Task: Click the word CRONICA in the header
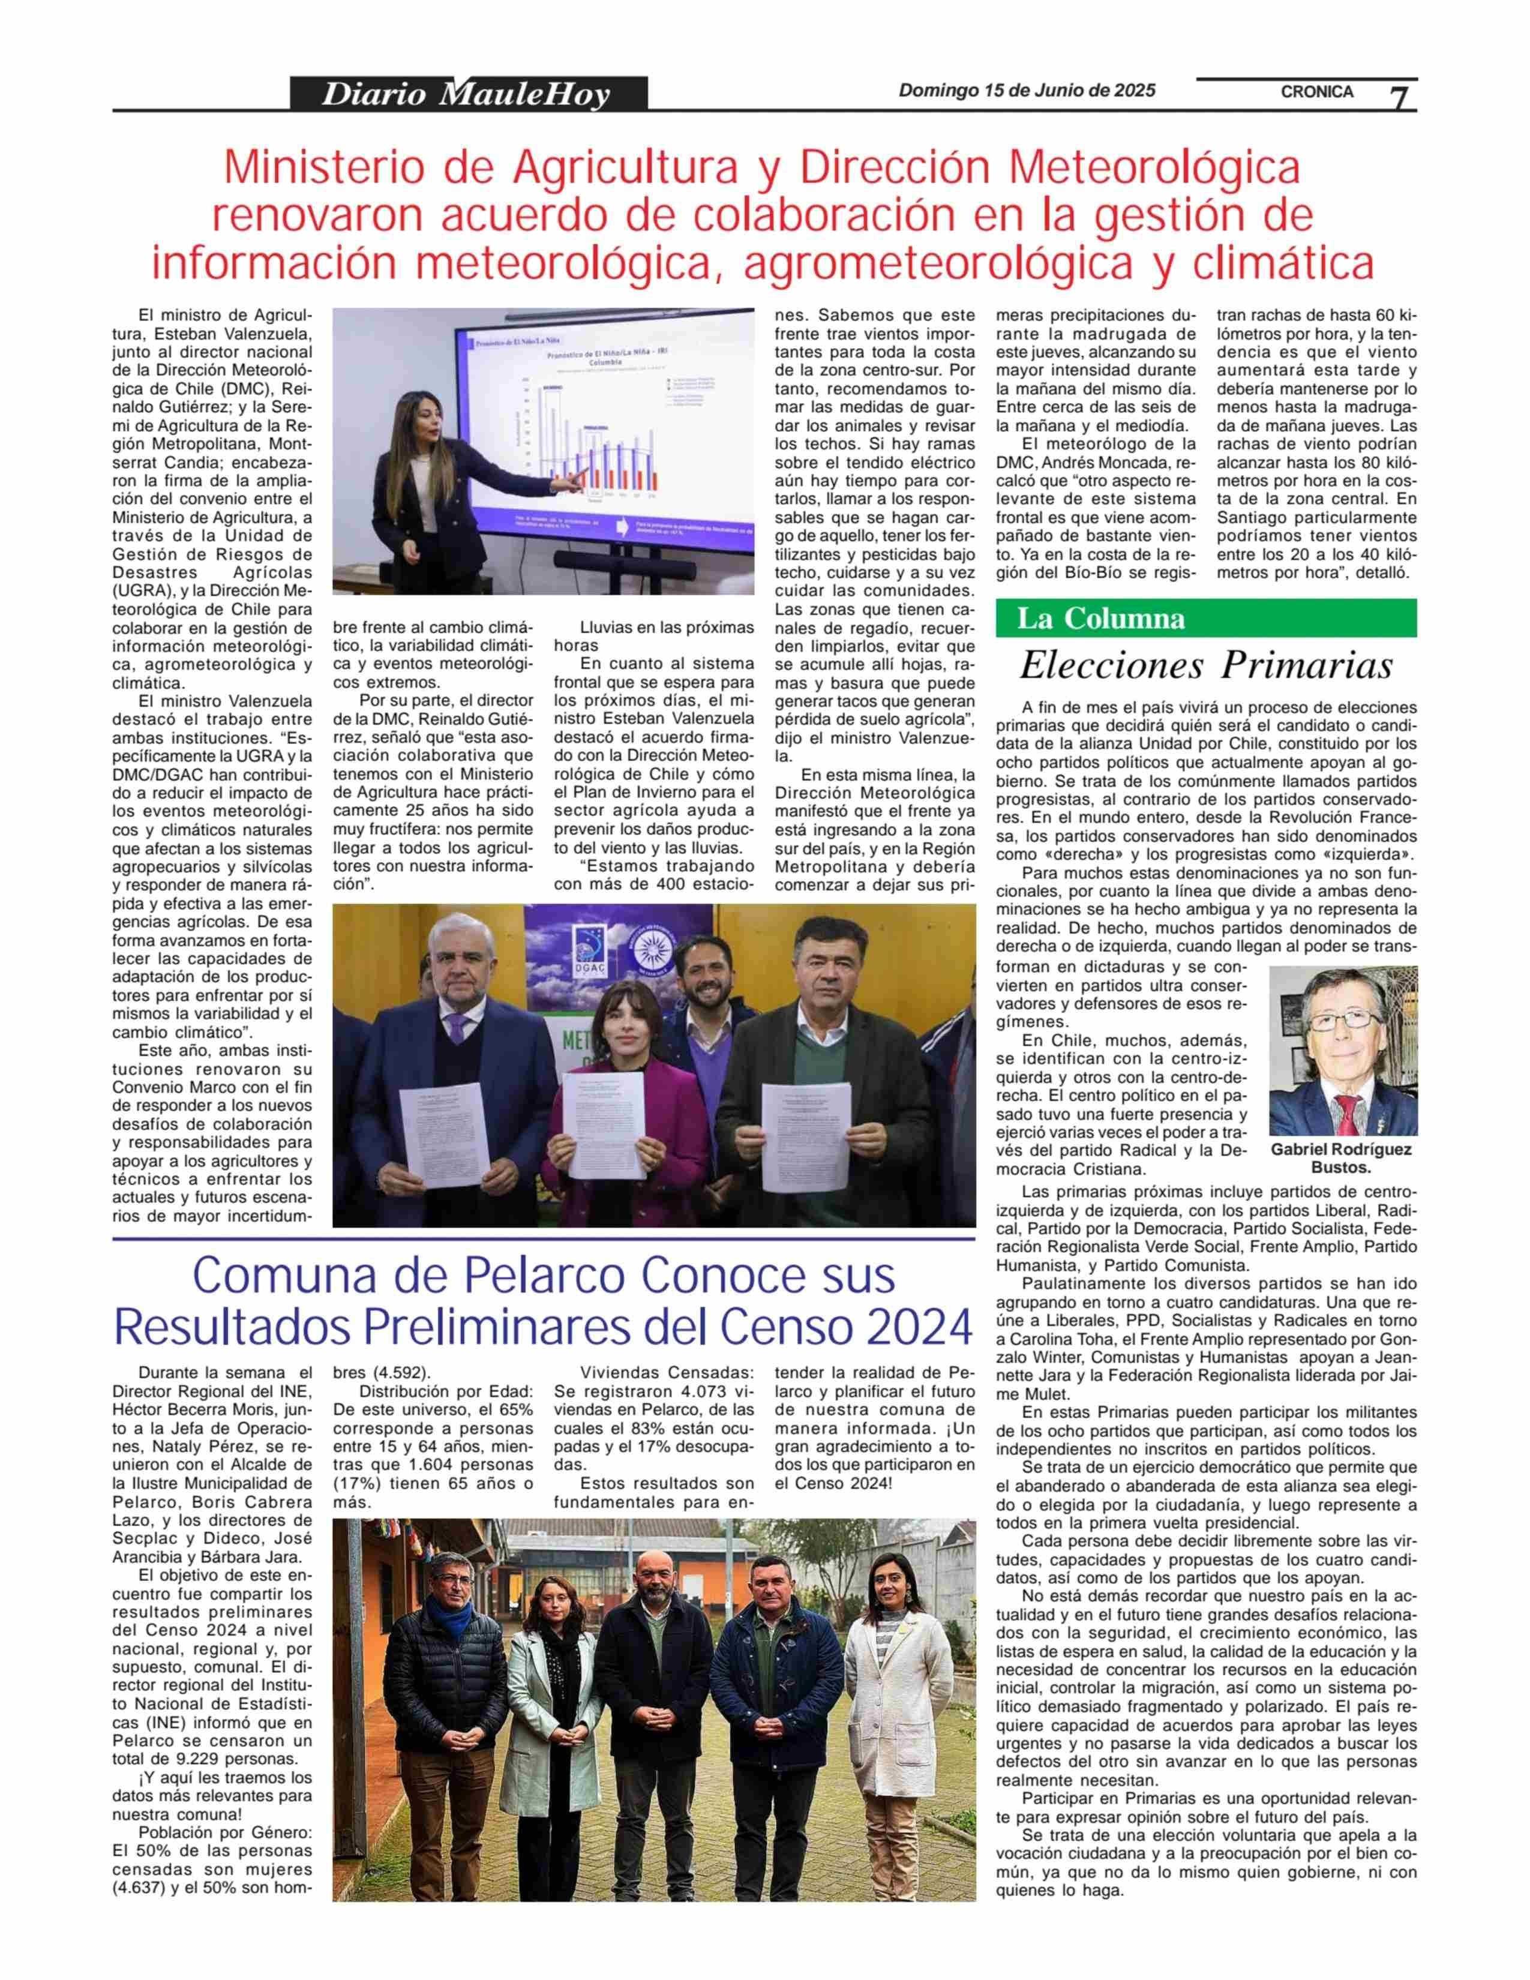point(1316,92)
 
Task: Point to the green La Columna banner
point(1205,618)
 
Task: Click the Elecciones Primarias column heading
point(1205,665)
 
